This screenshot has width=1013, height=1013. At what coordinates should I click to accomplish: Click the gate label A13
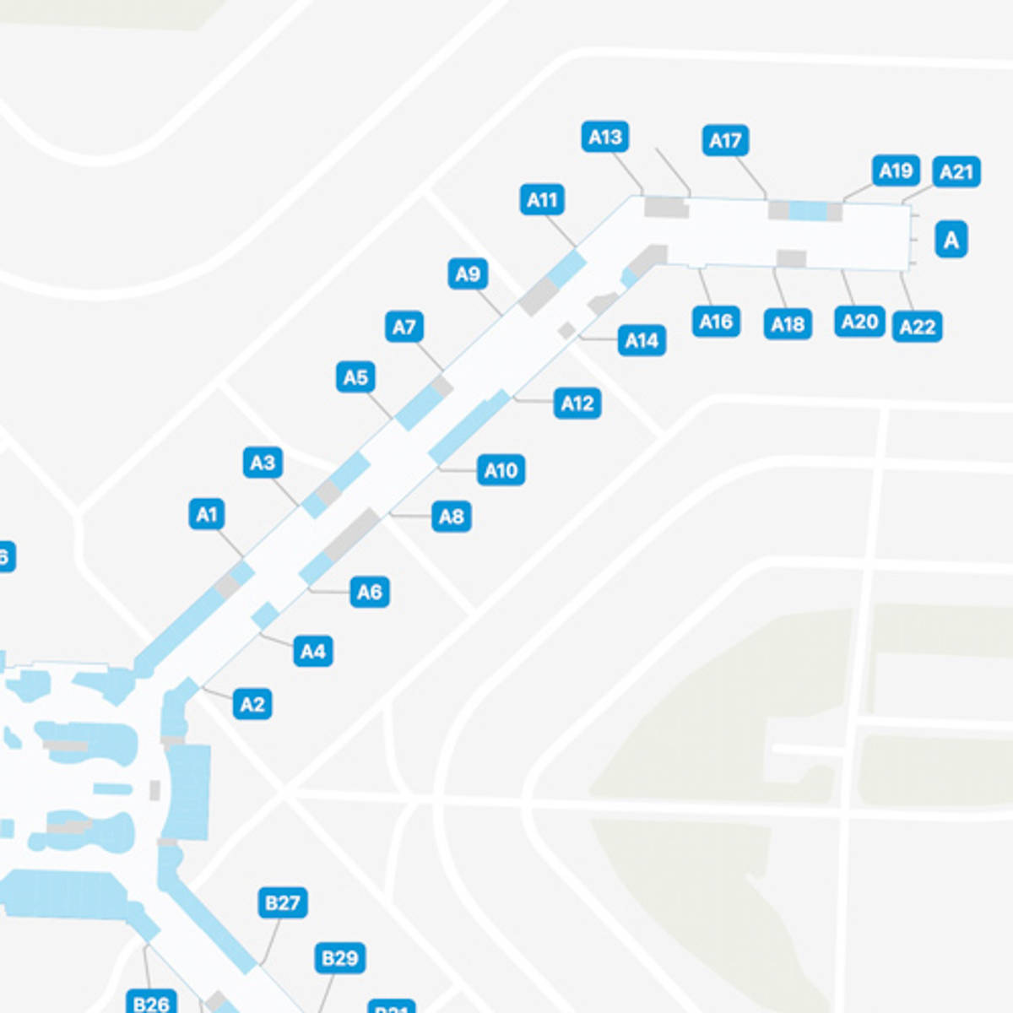pos(605,137)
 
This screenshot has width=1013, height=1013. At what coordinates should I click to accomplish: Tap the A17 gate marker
pos(725,141)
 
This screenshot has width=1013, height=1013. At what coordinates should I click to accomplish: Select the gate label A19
pos(896,171)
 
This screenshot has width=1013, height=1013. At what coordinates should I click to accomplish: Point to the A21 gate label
pos(956,172)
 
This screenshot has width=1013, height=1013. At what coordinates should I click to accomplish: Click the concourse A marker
pos(951,240)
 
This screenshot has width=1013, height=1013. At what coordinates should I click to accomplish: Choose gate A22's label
pos(917,327)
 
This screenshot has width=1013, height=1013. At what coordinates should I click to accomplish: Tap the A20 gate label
pos(860,322)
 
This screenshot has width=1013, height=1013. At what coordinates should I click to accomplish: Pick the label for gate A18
pos(788,324)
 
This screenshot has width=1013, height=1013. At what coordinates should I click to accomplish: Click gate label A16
pos(716,322)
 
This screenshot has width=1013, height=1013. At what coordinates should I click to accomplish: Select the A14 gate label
pos(642,341)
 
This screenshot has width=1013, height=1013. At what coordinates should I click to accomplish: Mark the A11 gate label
pos(542,200)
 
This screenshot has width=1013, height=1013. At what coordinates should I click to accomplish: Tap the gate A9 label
pos(468,274)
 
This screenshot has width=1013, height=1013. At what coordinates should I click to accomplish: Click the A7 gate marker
pos(404,327)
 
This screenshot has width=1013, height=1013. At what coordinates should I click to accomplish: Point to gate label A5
pos(355,377)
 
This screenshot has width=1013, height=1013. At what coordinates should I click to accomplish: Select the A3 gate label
pos(263,463)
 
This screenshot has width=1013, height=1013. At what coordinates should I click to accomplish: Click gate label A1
pos(207,514)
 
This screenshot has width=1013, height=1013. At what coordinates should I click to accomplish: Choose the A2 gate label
pos(252,705)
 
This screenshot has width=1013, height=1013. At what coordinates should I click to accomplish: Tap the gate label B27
pos(282,903)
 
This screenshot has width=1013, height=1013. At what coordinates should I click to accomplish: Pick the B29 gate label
pos(340,958)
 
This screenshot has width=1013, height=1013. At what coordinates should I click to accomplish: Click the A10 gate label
pos(501,470)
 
